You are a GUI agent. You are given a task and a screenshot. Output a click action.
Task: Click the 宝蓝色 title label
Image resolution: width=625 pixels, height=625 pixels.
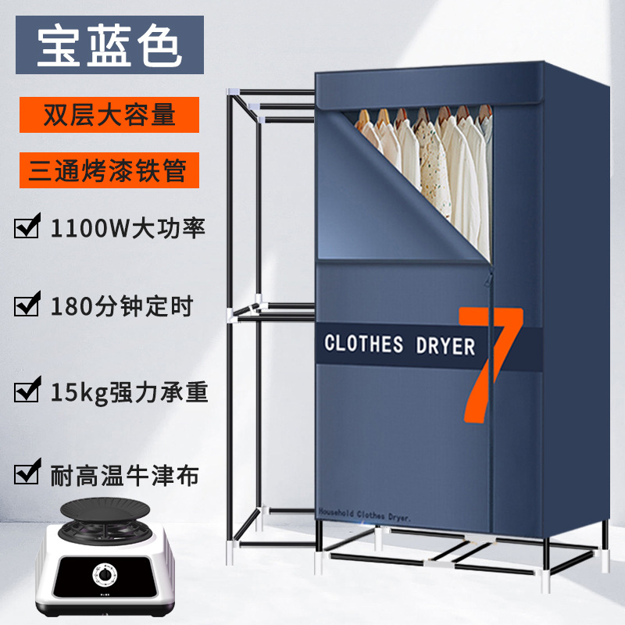click(109, 46)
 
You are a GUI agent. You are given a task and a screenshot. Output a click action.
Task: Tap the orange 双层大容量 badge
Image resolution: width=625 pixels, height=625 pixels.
click(109, 115)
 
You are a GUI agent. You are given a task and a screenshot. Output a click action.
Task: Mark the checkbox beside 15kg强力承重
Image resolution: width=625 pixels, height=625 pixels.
click(28, 389)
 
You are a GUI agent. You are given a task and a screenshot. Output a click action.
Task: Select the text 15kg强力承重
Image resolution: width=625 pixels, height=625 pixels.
click(129, 389)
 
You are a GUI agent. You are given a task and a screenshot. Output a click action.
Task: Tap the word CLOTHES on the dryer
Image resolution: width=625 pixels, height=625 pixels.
click(363, 344)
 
